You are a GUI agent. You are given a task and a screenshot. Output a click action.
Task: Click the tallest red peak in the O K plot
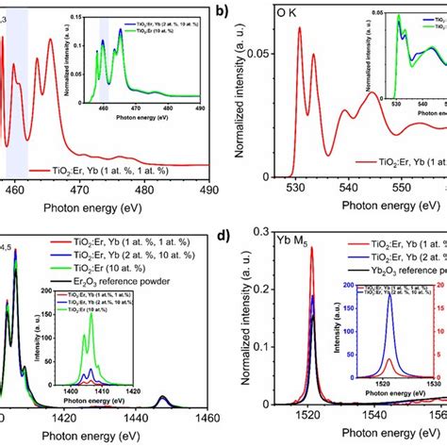click(299, 28)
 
